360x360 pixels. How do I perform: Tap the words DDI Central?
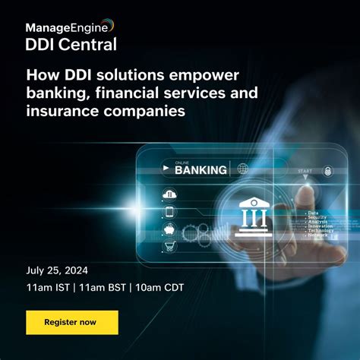tap(71, 44)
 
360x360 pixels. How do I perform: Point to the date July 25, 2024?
tap(57, 270)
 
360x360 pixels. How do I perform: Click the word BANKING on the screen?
tap(201, 169)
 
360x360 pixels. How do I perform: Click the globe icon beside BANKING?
tap(243, 169)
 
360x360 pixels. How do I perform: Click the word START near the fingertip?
tap(304, 171)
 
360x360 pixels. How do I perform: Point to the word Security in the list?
tap(317, 217)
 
